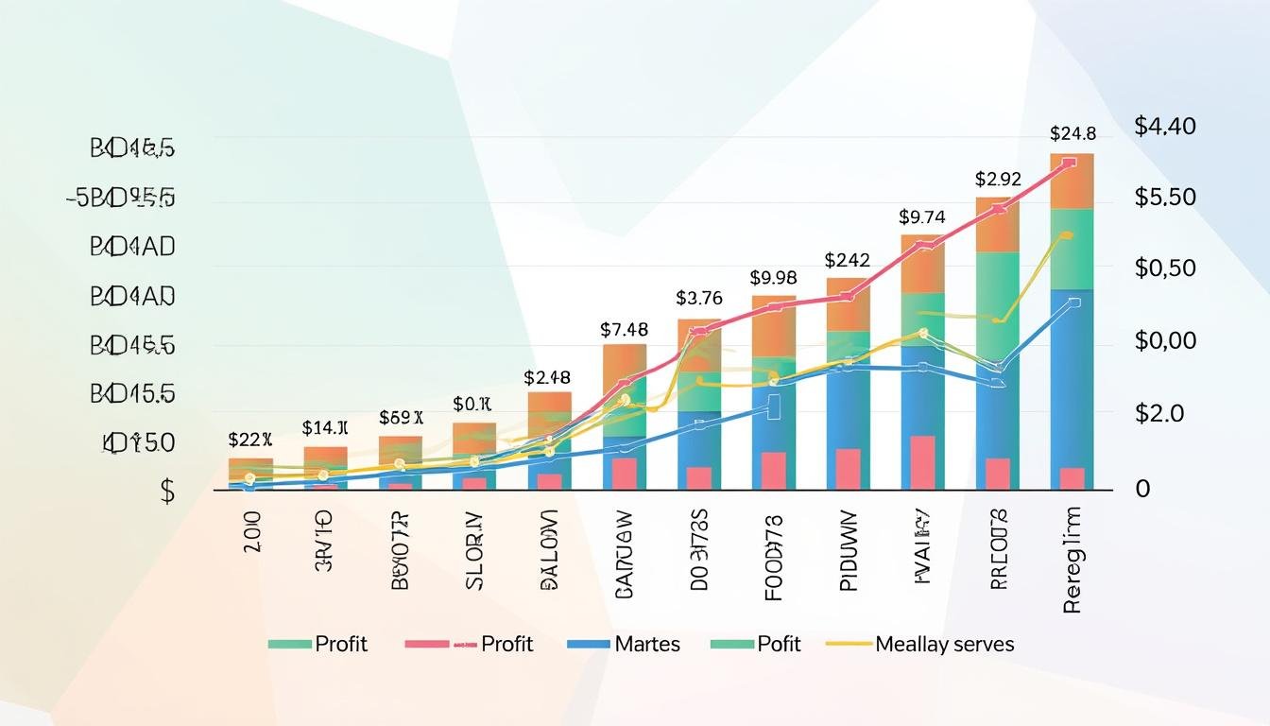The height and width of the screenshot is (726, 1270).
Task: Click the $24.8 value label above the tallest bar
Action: coord(1072,133)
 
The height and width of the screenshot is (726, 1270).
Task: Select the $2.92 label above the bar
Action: coord(998,179)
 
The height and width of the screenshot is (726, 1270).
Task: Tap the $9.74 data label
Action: coord(921,216)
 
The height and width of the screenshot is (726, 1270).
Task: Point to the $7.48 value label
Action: coord(624,330)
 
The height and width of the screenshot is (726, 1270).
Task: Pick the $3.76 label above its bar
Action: coord(699,298)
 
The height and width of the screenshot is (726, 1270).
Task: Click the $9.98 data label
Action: coord(773,278)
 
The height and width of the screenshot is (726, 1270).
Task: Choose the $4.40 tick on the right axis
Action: coord(1165,126)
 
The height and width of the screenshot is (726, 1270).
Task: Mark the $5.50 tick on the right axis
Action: coord(1165,198)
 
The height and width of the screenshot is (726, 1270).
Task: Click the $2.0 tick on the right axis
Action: coord(1158,413)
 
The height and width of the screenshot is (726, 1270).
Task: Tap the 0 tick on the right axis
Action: coord(1142,489)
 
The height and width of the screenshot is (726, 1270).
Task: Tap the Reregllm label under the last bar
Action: coord(1072,559)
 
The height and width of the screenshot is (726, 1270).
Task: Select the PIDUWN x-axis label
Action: coord(848,550)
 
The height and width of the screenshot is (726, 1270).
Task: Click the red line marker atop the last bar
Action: coord(1069,163)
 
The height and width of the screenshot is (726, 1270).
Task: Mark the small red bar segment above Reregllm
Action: coord(1072,478)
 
